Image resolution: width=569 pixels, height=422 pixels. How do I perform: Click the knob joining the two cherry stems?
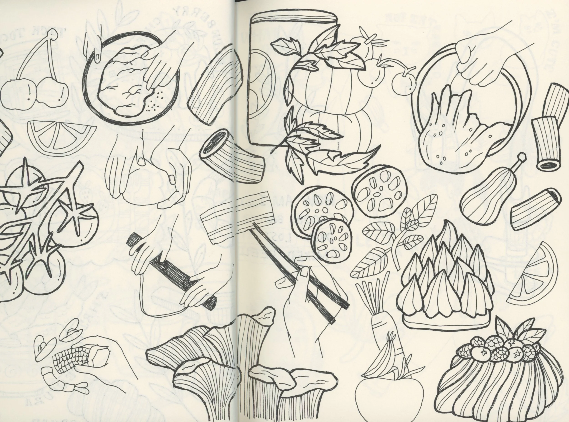coord(53,35)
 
